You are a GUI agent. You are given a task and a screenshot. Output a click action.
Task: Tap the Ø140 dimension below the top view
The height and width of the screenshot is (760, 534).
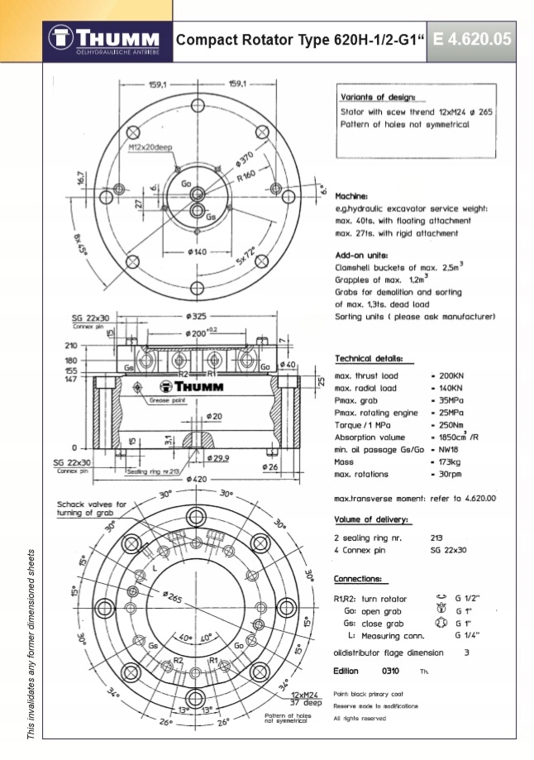[x=198, y=251]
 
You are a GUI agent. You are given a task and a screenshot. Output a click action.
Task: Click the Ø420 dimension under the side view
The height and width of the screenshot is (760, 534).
[x=198, y=477]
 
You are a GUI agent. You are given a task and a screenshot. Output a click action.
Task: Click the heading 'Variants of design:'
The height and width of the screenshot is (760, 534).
[x=378, y=97]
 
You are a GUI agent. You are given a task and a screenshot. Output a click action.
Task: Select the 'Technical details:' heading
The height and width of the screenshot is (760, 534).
[x=369, y=359]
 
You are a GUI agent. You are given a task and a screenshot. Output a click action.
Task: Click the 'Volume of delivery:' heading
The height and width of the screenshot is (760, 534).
[x=371, y=519]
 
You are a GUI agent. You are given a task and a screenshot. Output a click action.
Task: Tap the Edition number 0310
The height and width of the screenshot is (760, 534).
[x=391, y=670]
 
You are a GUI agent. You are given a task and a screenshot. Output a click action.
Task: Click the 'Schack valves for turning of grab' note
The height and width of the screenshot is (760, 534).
[x=92, y=508]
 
